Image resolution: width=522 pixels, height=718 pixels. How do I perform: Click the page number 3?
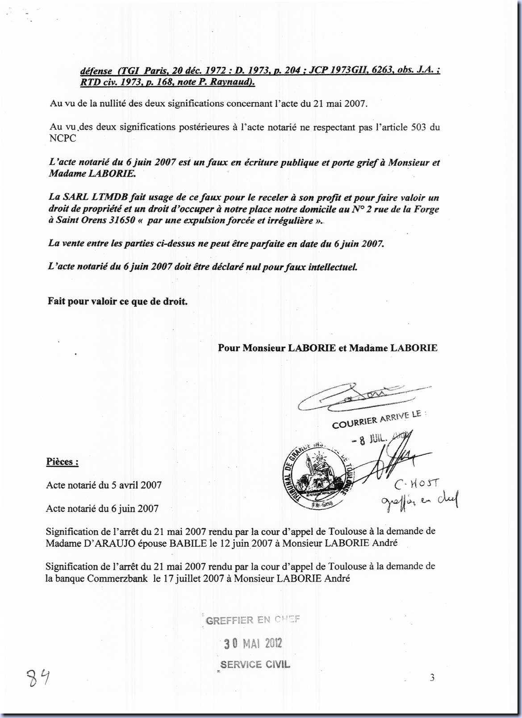pyautogui.click(x=432, y=678)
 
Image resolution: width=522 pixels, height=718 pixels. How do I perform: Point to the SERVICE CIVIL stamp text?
pyautogui.click(x=255, y=664)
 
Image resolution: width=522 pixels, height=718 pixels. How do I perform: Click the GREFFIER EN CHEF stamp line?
pyautogui.click(x=252, y=620)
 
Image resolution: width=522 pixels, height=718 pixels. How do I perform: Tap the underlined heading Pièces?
pyautogui.click(x=62, y=462)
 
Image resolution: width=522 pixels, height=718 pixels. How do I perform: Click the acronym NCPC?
pyautogui.click(x=63, y=138)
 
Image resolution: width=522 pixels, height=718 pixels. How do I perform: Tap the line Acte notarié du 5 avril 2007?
pyautogui.click(x=104, y=485)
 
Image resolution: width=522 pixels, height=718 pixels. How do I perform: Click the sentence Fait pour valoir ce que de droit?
pyautogui.click(x=117, y=301)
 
